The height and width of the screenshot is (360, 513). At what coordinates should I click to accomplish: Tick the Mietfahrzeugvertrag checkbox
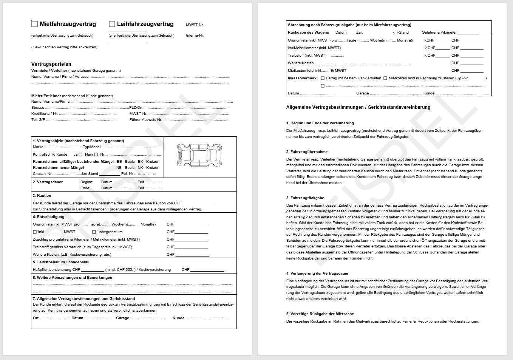pyautogui.click(x=34, y=24)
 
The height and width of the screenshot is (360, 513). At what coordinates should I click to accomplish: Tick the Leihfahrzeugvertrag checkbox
pyautogui.click(x=112, y=24)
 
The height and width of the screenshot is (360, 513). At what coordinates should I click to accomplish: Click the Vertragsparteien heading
pyautogui.click(x=51, y=64)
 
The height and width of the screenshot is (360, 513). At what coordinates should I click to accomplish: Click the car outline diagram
pyautogui.click(x=199, y=155)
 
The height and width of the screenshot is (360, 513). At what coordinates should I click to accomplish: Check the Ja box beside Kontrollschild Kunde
pyautogui.click(x=80, y=155)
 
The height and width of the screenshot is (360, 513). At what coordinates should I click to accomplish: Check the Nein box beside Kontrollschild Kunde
pyautogui.click(x=96, y=155)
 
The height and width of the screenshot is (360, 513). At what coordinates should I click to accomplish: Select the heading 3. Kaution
pyautogui.click(x=42, y=196)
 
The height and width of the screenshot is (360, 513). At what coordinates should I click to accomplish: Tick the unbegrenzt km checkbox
pyautogui.click(x=94, y=232)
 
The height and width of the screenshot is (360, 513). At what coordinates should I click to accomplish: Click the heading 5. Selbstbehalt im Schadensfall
pyautogui.click(x=61, y=262)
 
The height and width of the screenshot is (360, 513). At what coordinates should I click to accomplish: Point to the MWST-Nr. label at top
pyautogui.click(x=195, y=25)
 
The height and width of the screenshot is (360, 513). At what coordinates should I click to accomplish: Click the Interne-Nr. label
pyautogui.click(x=195, y=36)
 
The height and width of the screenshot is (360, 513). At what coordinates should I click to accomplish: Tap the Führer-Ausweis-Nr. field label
pyautogui.click(x=145, y=120)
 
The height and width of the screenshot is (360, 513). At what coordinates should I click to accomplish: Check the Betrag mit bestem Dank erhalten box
pyautogui.click(x=323, y=78)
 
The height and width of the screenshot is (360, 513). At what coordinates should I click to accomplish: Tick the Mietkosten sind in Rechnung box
pyautogui.click(x=385, y=78)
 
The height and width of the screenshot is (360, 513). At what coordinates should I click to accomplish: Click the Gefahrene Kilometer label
pyautogui.click(x=439, y=32)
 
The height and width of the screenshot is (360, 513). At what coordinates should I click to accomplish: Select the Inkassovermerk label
pyautogui.click(x=303, y=78)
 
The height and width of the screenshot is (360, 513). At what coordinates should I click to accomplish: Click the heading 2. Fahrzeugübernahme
pyautogui.click(x=307, y=152)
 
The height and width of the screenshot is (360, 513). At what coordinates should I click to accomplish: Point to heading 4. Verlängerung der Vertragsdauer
pyautogui.click(x=317, y=273)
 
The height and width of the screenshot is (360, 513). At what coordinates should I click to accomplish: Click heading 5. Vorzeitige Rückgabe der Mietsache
pyautogui.click(x=320, y=314)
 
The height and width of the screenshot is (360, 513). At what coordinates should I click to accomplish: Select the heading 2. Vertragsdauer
pyautogui.click(x=48, y=182)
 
